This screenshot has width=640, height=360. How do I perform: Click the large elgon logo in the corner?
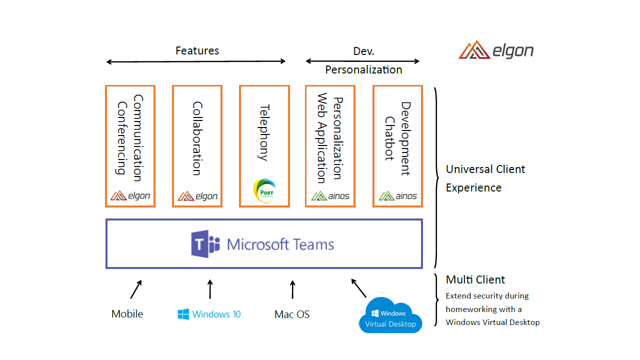tap(496, 50)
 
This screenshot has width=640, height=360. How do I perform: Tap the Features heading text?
tap(197, 50)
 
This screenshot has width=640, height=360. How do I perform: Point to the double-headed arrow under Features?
tap(195, 61)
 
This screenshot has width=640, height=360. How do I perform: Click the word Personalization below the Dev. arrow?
tap(363, 69)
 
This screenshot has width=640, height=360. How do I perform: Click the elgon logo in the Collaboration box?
tap(197, 196)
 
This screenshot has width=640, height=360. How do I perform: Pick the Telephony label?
tap(264, 132)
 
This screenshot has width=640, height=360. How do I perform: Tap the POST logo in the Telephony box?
tap(264, 191)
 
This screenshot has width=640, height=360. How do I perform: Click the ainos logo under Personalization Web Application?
tap(330, 196)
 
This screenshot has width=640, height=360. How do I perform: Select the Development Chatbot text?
tap(397, 138)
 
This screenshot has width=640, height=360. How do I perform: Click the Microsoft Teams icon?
tap(205, 244)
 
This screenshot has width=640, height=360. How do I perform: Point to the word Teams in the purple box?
tap(313, 244)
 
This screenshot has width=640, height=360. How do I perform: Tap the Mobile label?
tap(127, 314)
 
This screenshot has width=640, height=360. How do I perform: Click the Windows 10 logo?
tap(209, 314)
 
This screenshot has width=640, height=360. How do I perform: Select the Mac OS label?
tap(292, 314)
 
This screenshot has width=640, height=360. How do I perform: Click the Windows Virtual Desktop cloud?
tap(390, 316)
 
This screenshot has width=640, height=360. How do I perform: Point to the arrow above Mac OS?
tap(292, 289)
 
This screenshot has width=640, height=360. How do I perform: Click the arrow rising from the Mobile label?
tap(136, 289)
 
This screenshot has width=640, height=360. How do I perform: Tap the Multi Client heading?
tap(475, 279)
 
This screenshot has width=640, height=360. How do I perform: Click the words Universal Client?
tap(485, 169)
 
